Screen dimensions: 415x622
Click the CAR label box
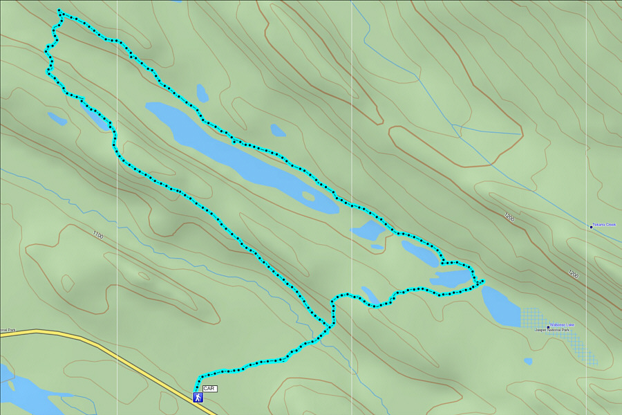pos(209,389)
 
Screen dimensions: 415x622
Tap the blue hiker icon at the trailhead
pos(198,398)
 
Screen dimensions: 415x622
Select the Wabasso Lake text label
pos(562,324)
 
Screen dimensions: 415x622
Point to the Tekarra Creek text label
pos(605,225)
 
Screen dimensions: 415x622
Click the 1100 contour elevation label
pos(97,236)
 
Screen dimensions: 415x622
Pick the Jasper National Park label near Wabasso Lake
pos(552,330)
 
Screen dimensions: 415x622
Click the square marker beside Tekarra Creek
pos(591,227)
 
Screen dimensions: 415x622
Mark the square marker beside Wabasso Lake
pos(548,326)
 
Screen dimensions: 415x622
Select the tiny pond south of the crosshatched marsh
pos(528,360)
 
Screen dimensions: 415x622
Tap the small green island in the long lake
pos(308,196)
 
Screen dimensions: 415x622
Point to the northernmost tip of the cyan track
pos(59,10)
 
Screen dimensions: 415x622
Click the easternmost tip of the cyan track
pos(482,280)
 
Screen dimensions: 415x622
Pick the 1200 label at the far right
pos(573,275)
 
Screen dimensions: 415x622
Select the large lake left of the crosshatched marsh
pos(499,306)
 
